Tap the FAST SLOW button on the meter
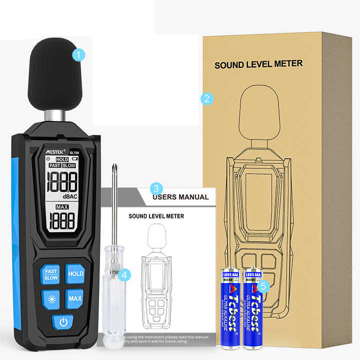[51, 274]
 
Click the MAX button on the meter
[75, 298]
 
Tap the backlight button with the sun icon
[51, 298]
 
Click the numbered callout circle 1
[78, 54]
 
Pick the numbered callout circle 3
[156, 188]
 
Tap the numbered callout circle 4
[126, 274]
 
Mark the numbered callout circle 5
[265, 285]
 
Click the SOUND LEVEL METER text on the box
[258, 64]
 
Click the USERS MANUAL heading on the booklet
[180, 197]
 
